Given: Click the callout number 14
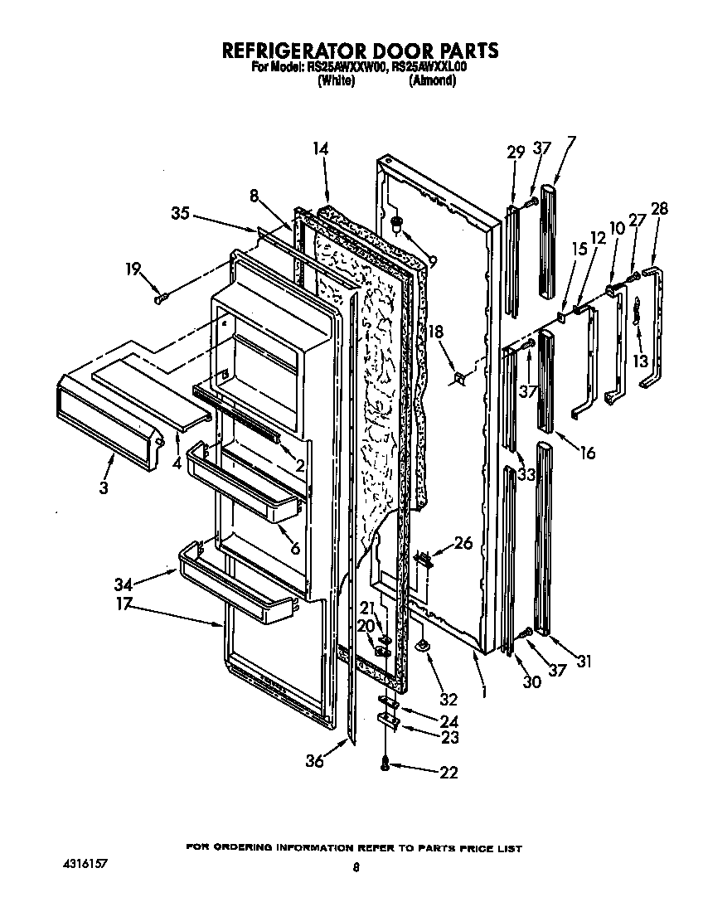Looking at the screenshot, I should coord(321,149).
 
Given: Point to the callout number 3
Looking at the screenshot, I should coord(103,488).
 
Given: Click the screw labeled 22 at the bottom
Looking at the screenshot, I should coord(385,766).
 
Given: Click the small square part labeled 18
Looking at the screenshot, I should coord(458,379).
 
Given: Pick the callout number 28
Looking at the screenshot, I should coord(660,208).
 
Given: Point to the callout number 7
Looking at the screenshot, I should coord(571,142).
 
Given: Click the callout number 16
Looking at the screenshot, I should coord(588,453).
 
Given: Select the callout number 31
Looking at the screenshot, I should coord(585,661).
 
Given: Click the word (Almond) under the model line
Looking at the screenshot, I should coord(433,80).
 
